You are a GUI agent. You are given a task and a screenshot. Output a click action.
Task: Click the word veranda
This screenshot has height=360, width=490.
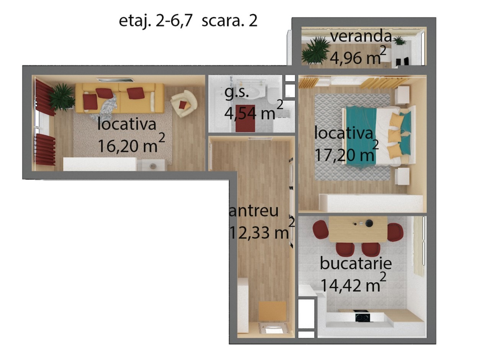click(361, 36)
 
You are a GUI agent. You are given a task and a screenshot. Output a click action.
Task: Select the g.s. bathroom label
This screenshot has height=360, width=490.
click(237, 93)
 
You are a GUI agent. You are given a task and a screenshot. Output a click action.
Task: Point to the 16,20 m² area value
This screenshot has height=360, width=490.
click(131, 144)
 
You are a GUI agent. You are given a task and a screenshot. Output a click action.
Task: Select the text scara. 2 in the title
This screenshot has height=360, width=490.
click(229, 21)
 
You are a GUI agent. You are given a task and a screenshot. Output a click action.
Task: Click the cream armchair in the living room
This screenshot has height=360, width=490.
click(184, 103)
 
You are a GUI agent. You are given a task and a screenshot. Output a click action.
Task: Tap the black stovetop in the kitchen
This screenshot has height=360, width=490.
click(363, 317)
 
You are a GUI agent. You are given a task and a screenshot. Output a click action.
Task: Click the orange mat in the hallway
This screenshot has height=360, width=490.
click(272, 311)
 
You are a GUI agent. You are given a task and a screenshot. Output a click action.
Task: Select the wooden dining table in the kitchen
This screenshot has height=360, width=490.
click(358, 229)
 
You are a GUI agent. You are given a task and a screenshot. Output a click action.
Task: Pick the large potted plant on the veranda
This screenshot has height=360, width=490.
click(316, 51)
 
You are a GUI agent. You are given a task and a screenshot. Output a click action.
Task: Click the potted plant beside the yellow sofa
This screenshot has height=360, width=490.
click(61, 97)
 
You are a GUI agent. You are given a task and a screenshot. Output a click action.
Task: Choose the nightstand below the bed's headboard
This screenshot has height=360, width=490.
click(402, 177)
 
